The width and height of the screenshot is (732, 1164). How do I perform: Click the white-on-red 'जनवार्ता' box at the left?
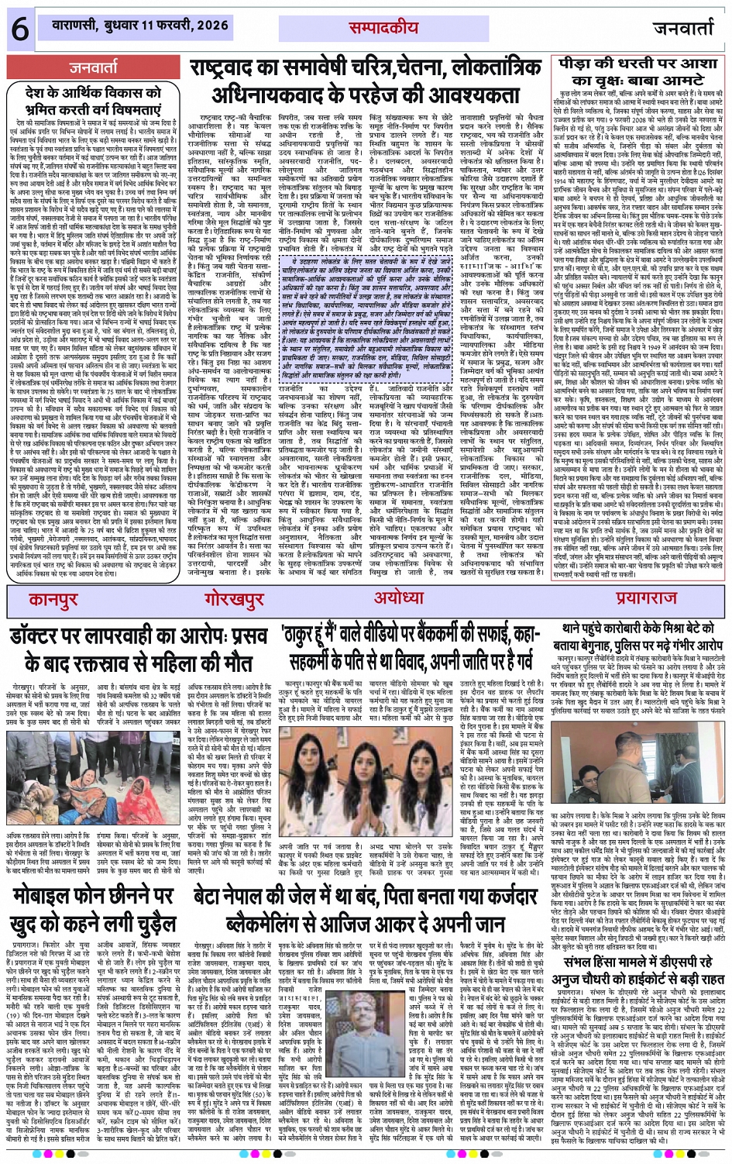[95, 68]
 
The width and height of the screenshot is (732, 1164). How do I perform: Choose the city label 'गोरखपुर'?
[235, 599]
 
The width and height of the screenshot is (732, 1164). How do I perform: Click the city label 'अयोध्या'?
[399, 597]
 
